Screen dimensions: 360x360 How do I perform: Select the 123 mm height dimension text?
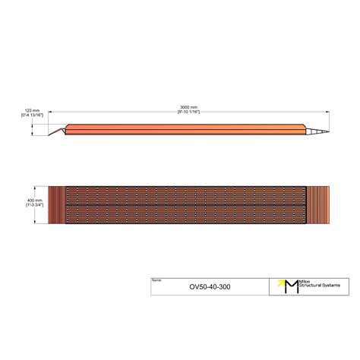[x=32, y=110]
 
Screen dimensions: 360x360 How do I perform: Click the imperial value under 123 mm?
[x=32, y=115]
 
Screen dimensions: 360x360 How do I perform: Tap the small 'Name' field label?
[x=156, y=280]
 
